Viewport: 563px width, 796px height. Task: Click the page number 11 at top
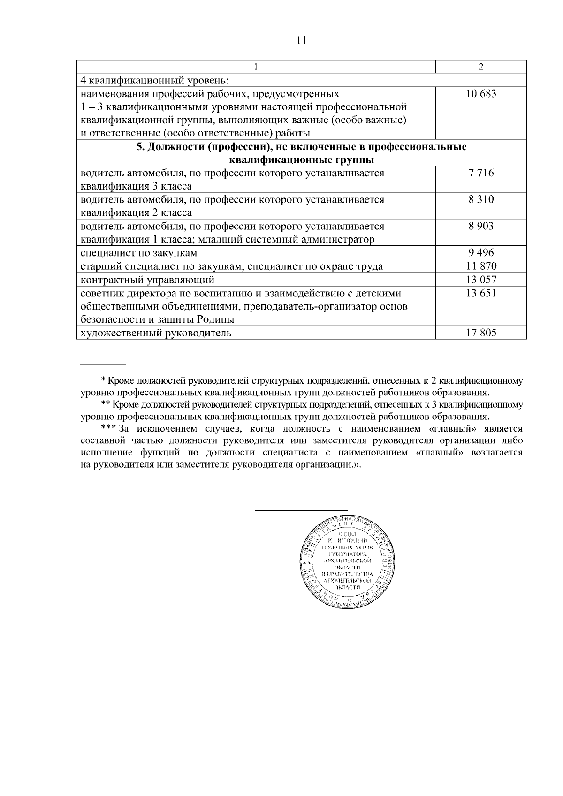[x=301, y=40]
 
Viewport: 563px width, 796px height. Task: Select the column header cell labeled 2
[x=481, y=67]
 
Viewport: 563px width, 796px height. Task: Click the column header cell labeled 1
[x=256, y=67]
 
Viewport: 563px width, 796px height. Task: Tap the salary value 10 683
[x=481, y=94]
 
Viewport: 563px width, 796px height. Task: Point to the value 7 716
[x=481, y=173]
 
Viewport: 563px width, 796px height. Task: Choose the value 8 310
[x=481, y=200]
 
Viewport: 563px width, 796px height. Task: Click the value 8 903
[x=481, y=227]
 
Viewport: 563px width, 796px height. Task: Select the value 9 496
[x=481, y=253]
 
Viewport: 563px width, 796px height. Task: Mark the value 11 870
[x=481, y=266]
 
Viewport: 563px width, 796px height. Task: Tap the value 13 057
[x=481, y=280]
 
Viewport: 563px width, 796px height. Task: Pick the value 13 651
[x=481, y=294]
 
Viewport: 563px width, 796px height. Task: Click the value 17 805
[x=481, y=334]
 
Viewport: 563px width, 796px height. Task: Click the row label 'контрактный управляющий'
[x=147, y=280]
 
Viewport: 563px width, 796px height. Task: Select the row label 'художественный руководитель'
[x=156, y=334]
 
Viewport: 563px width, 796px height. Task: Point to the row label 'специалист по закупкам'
[x=139, y=253]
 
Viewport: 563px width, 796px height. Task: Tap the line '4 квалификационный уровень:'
[x=154, y=81]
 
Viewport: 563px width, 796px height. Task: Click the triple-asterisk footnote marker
[x=108, y=429]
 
